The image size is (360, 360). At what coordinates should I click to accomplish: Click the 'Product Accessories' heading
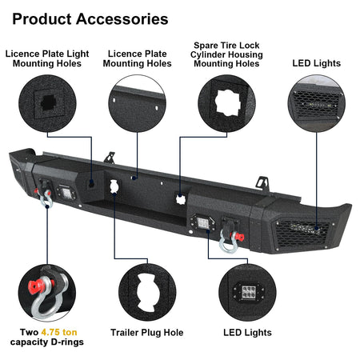tap(90, 19)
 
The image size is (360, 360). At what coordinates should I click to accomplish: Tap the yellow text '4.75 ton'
tap(59, 332)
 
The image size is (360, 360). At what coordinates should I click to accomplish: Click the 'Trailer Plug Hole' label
tap(147, 333)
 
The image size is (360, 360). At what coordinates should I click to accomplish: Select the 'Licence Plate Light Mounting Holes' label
tap(47, 58)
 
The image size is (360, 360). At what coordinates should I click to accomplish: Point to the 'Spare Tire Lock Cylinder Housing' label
tap(226, 50)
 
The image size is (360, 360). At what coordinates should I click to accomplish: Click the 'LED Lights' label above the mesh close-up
tap(317, 63)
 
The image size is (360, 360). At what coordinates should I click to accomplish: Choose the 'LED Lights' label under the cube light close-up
tap(247, 333)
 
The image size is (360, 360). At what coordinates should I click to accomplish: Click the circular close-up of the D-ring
tap(47, 293)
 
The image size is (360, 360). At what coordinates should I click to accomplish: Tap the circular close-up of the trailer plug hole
tap(147, 292)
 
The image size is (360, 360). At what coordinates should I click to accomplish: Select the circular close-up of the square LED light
tap(247, 292)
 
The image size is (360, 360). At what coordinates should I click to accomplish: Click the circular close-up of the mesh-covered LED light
tap(317, 103)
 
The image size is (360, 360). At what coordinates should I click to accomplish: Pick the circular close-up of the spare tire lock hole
tap(226, 103)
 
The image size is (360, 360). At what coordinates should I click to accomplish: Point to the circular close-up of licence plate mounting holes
tap(137, 103)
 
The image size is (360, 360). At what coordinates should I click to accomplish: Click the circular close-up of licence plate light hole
tap(47, 103)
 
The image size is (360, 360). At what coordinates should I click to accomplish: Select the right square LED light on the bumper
tap(202, 222)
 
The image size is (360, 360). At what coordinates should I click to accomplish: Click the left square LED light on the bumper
tap(66, 193)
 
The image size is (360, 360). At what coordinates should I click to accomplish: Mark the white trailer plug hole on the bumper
tap(114, 186)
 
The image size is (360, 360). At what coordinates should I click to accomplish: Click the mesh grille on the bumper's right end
tap(302, 233)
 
